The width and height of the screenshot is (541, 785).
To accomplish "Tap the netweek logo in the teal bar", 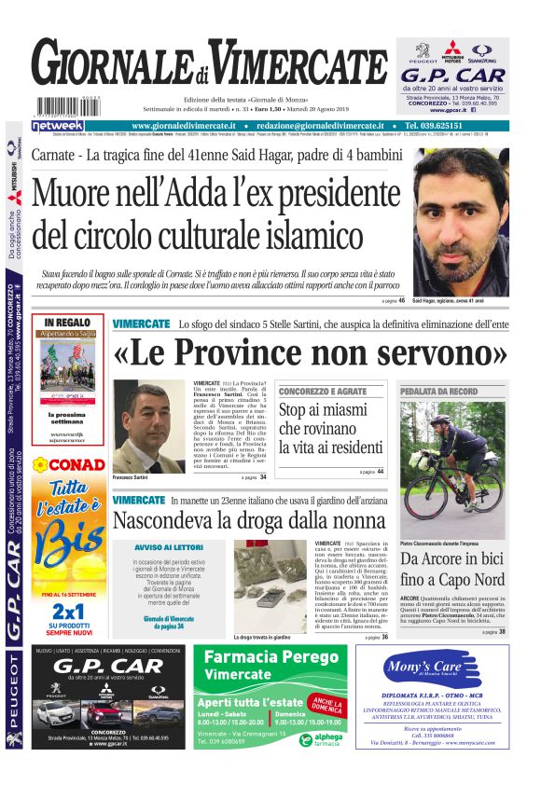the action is (x=58, y=126).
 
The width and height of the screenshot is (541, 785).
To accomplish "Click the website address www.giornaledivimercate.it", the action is (x=191, y=126).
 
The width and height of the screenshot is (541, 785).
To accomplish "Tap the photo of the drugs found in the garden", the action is (x=270, y=585).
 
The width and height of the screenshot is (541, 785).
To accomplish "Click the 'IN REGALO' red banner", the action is (x=67, y=323).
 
